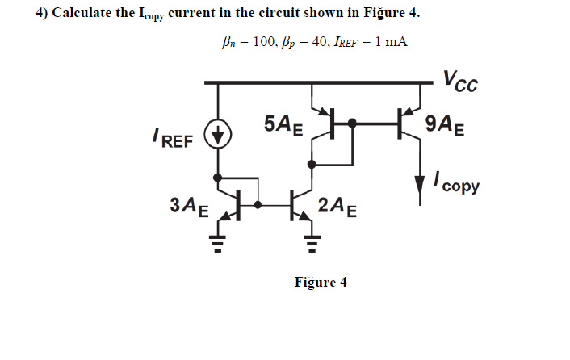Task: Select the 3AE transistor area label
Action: point(190,206)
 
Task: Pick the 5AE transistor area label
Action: point(283,125)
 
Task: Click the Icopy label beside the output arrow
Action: point(455,182)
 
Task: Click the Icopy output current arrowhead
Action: point(419,186)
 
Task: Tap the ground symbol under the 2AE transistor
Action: point(311,240)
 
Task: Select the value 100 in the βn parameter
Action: point(265,41)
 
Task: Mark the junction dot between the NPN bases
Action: point(258,203)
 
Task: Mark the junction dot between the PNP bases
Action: point(352,123)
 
